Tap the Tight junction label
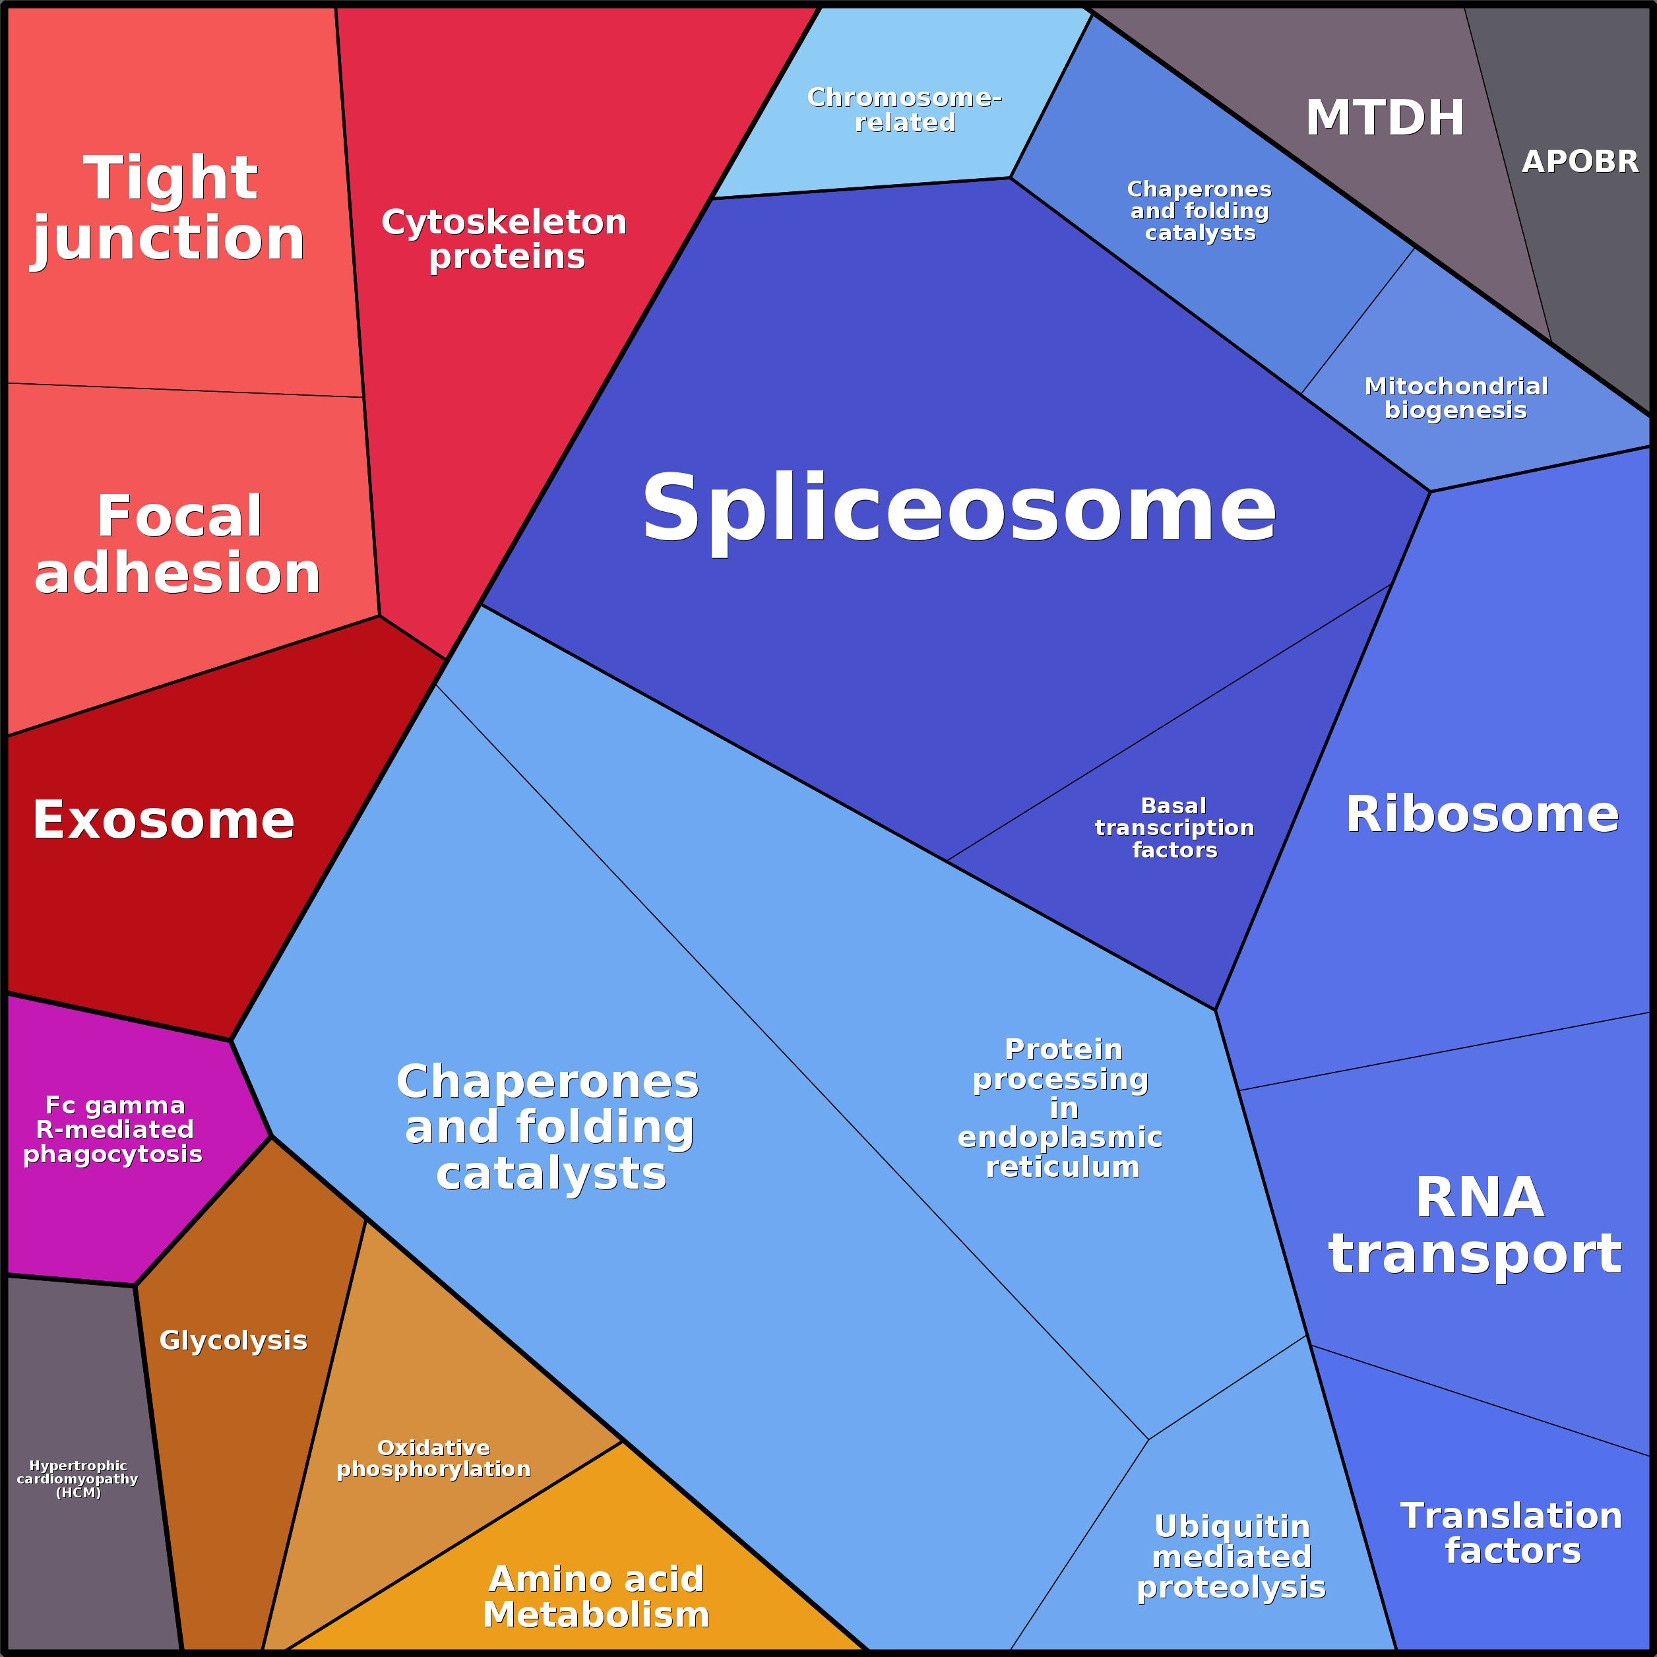tap(170, 208)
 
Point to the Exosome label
tap(164, 820)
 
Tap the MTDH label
tap(1385, 117)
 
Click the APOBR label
tap(1580, 161)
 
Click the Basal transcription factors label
tap(1174, 828)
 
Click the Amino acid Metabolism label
tap(597, 1597)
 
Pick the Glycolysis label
tap(234, 1340)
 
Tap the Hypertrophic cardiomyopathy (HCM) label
tap(78, 1480)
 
